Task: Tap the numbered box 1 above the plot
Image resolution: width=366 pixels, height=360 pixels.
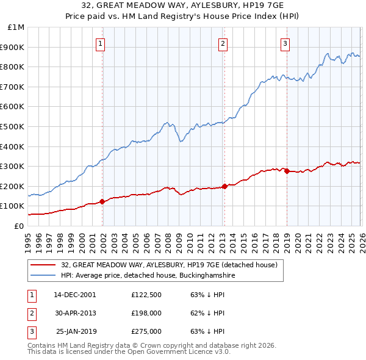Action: click(100, 43)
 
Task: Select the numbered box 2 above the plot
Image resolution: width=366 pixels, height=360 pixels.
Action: click(223, 43)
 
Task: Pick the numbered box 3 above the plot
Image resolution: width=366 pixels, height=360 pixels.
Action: click(285, 43)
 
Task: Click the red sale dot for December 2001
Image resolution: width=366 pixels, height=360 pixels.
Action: click(102, 201)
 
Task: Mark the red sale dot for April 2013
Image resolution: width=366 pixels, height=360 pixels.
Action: click(224, 186)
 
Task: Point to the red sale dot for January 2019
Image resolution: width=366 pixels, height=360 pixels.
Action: click(287, 171)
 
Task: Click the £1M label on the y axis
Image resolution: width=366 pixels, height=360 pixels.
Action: click(16, 27)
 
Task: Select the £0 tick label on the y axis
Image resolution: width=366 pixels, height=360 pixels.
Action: click(18, 226)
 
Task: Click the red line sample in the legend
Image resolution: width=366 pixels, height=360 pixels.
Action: click(43, 265)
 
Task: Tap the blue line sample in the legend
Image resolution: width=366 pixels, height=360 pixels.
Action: click(43, 276)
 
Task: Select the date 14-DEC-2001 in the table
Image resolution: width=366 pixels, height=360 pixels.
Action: click(75, 295)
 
